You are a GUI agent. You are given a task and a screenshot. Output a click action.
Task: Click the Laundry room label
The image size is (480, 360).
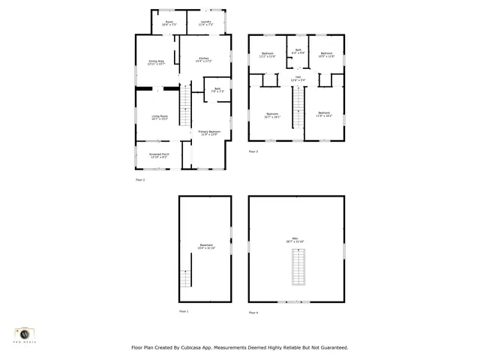tap(205, 23)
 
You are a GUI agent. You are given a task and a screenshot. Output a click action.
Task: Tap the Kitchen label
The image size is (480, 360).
tap(204, 59)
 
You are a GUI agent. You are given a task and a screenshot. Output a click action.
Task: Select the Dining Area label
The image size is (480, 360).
tap(156, 62)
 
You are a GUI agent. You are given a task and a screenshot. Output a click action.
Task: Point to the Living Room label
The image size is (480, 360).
tap(159, 117)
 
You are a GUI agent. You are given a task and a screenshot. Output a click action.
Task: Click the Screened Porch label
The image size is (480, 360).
tap(160, 155)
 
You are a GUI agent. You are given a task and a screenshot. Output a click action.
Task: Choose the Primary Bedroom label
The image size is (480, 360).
tap(208, 133)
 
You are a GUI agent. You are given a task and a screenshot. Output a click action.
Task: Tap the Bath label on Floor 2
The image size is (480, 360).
tap(217, 89)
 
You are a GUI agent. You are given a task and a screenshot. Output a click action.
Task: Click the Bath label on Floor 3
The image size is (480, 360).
tap(298, 51)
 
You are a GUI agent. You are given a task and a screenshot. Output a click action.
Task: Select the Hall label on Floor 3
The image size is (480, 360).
tap(298, 78)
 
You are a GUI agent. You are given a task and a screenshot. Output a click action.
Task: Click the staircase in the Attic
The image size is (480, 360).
tap(298, 266)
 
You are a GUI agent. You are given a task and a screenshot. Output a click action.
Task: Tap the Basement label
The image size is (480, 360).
tap(205, 246)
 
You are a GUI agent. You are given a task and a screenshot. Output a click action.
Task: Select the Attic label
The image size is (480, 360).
tap(298, 241)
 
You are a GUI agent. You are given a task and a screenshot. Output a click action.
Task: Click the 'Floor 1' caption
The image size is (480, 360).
tap(184, 310)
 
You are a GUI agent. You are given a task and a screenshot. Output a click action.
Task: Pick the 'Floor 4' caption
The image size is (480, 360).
tap(253, 311)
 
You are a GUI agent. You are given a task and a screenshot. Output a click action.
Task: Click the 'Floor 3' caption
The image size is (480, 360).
tap(253, 151)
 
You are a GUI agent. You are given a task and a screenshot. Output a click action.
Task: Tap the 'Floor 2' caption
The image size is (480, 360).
tap(140, 180)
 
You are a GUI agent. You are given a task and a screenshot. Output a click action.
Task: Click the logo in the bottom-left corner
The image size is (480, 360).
tap(24, 334)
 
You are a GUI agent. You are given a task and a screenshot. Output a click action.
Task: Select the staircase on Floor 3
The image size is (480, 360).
tap(298, 105)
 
